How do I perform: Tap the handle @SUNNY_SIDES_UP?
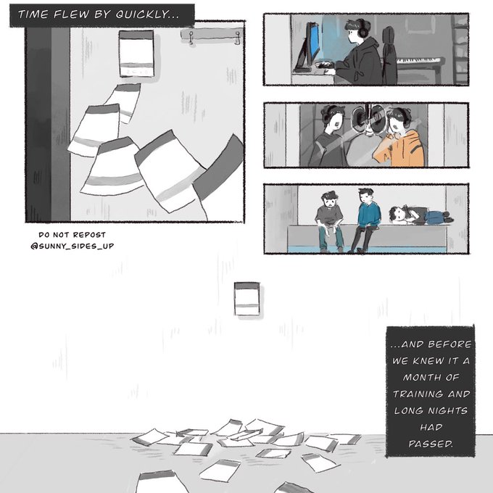[x=72, y=246]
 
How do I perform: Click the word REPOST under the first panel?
[x=89, y=235]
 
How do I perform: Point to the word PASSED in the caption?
[x=431, y=444]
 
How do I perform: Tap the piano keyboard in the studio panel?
[x=419, y=60]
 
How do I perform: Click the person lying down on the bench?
[x=420, y=215]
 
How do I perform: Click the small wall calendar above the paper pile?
[x=247, y=299]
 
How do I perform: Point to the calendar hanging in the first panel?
[x=136, y=54]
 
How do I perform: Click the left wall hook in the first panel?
[x=191, y=38]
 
